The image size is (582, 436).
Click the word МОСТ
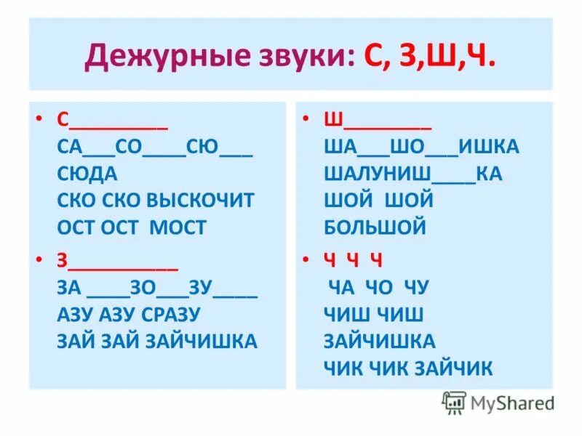coord(178,227)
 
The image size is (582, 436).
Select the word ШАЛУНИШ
coord(378,174)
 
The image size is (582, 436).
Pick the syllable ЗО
coord(143,288)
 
